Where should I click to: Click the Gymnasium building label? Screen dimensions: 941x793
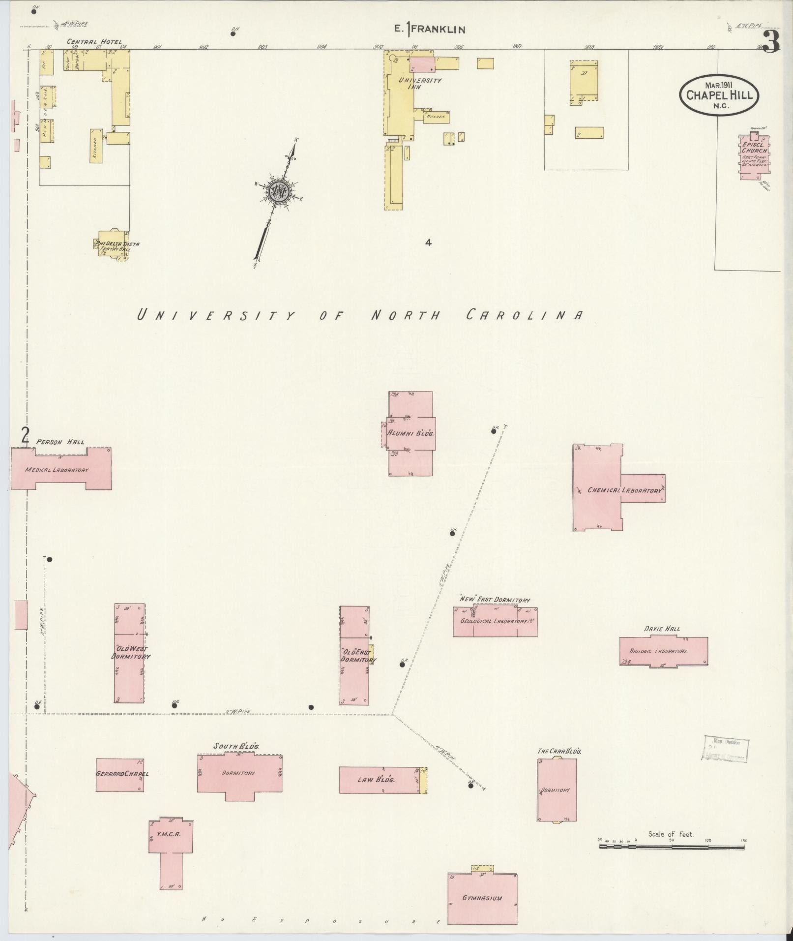tap(482, 898)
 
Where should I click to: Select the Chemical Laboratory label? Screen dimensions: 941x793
tap(624, 490)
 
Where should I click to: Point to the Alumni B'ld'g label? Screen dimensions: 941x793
tap(410, 433)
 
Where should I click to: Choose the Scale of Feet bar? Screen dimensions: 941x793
tap(672, 847)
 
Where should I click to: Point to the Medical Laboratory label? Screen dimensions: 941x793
tap(57, 470)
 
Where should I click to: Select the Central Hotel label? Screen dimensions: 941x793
tap(94, 42)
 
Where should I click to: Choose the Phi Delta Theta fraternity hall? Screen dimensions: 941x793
tap(114, 244)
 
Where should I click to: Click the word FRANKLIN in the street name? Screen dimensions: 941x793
tap(438, 30)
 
